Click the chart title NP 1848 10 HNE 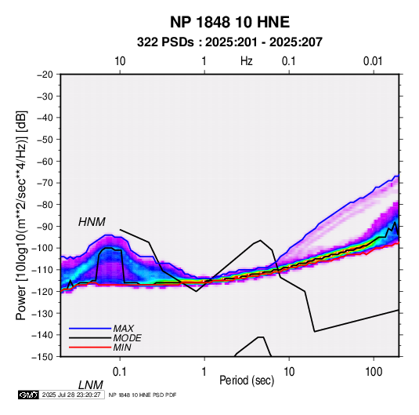[229, 22]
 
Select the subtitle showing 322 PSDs [229, 42]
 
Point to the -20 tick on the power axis [45, 75]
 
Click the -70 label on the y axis [45, 183]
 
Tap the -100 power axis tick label [42, 248]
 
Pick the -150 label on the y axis [42, 357]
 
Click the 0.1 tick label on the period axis [120, 372]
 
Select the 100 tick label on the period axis [374, 372]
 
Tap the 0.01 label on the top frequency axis [373, 61]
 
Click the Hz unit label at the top [247, 61]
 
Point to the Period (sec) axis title [247, 380]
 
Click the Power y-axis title [21, 215]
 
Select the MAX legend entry [123, 328]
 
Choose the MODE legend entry [127, 338]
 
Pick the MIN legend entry [122, 348]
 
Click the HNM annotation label [92, 222]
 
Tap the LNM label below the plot [90, 385]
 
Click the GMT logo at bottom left [28, 395]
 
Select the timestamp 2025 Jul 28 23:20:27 [71, 395]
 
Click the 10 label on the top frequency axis [120, 61]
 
